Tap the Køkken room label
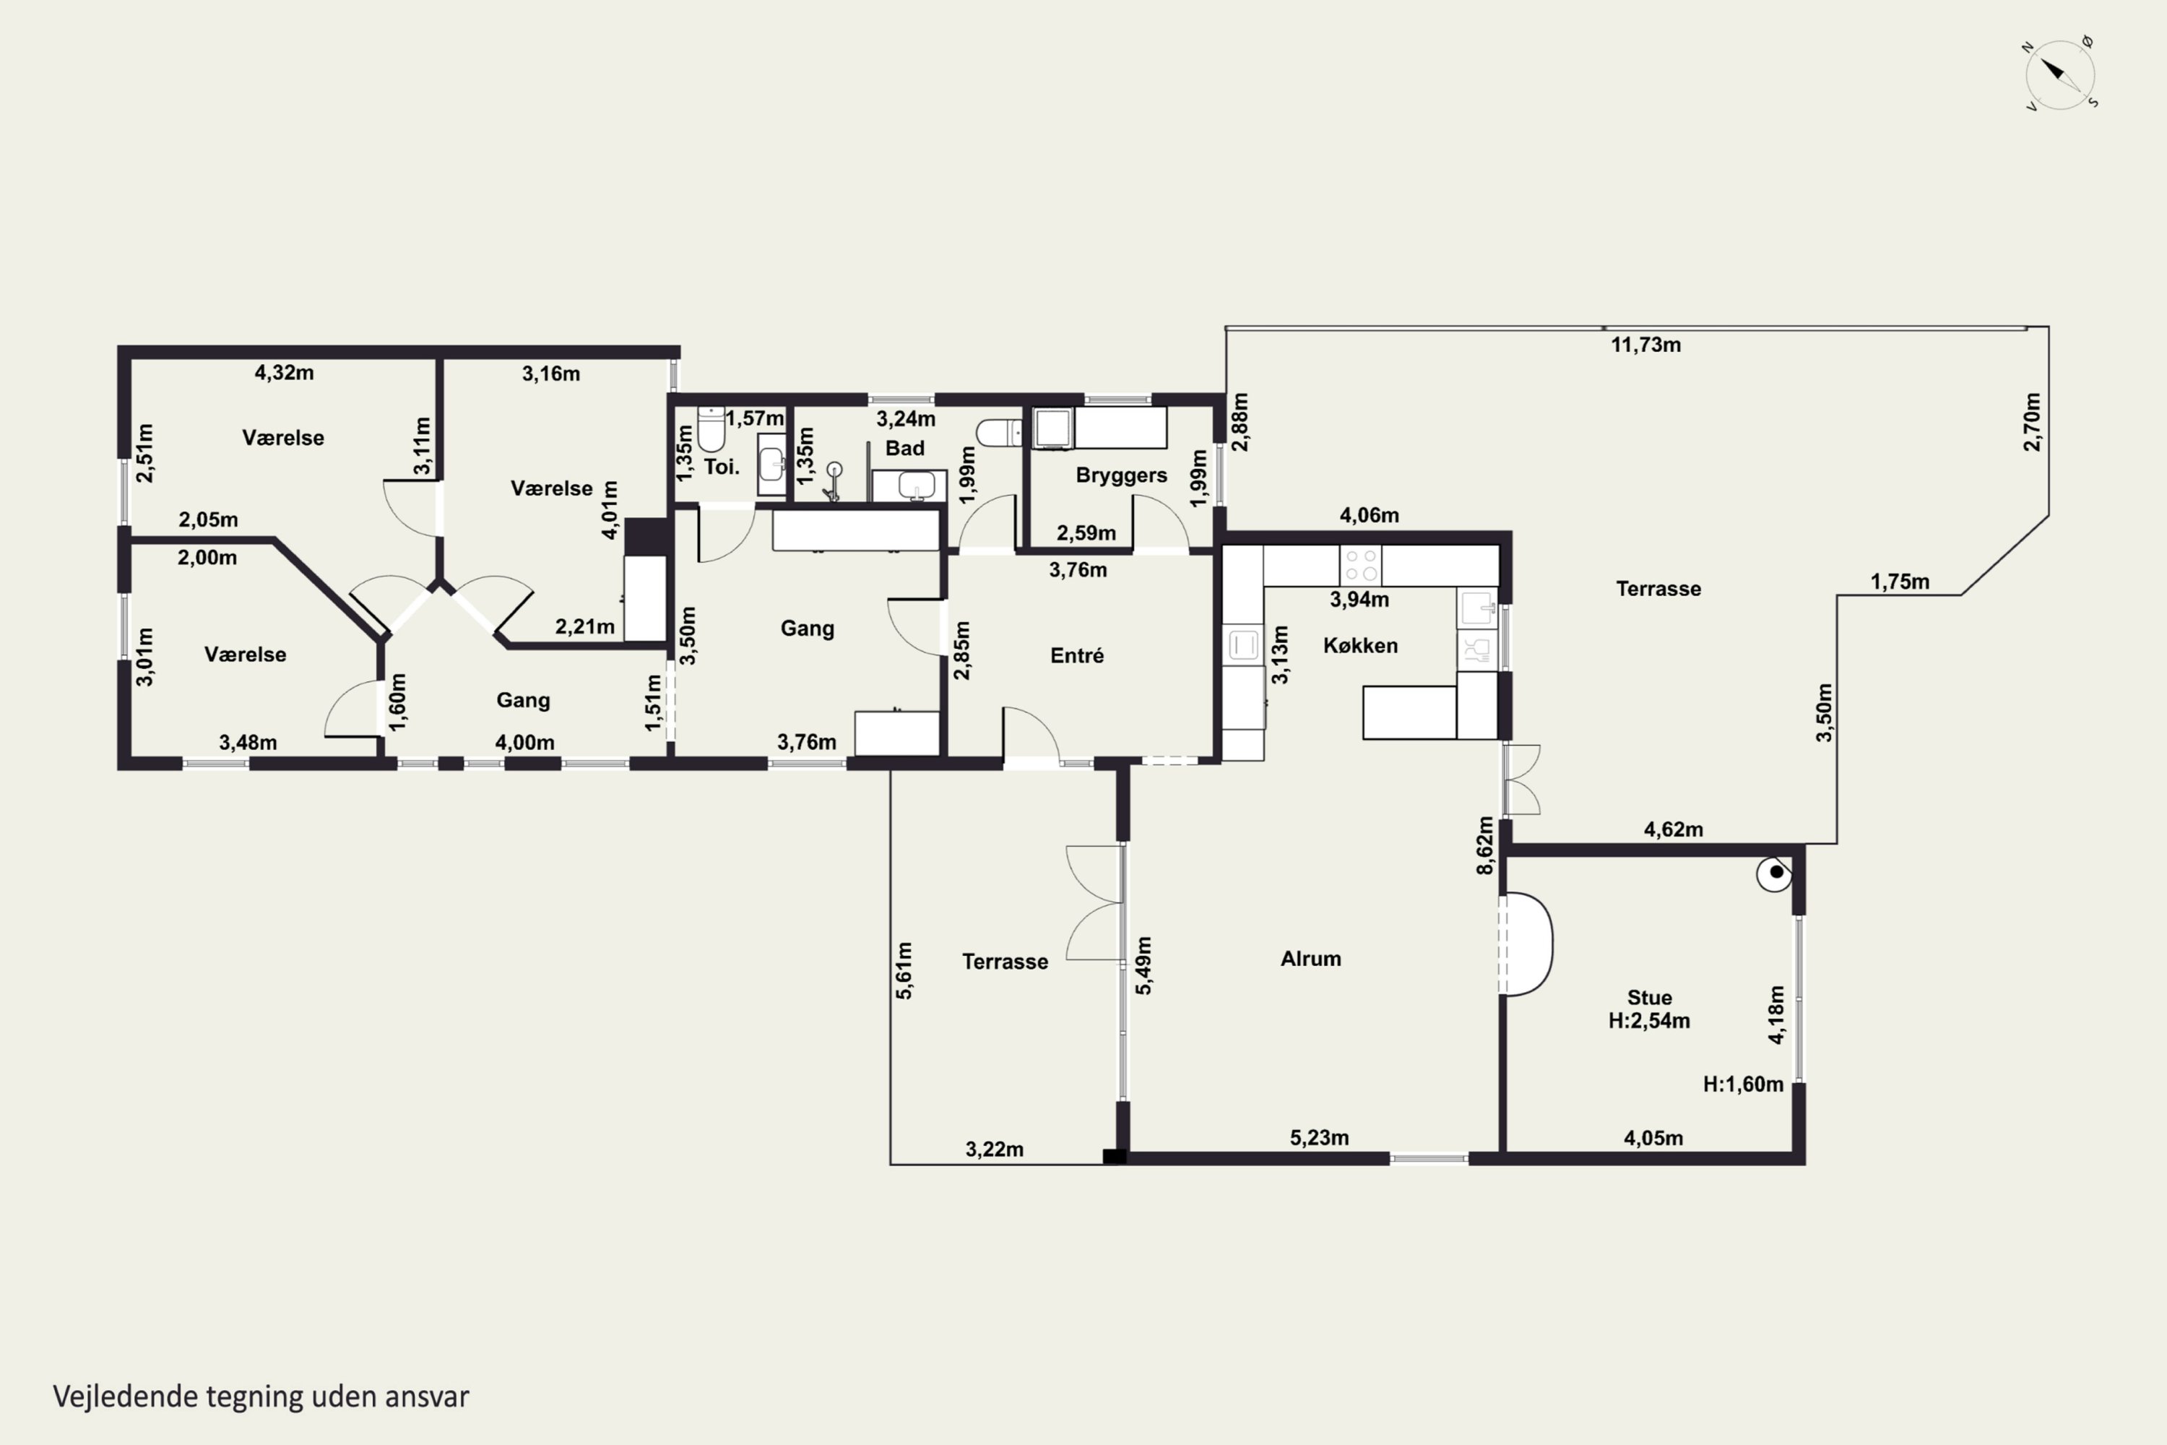click(x=1360, y=646)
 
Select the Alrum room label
click(x=1310, y=959)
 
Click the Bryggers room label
click(x=1121, y=475)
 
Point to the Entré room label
click(x=1076, y=655)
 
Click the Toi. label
click(x=722, y=466)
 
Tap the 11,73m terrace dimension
click(x=1645, y=345)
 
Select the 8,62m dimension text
click(x=1484, y=845)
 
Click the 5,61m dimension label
click(x=904, y=970)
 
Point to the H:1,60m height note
click(x=1742, y=1084)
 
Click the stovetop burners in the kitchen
click(x=1361, y=565)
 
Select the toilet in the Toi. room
click(x=711, y=428)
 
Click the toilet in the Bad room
click(x=999, y=432)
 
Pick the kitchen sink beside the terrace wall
click(x=1477, y=608)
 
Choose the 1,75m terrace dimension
click(x=1899, y=582)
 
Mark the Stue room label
click(x=1649, y=997)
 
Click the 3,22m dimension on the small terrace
click(x=994, y=1149)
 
